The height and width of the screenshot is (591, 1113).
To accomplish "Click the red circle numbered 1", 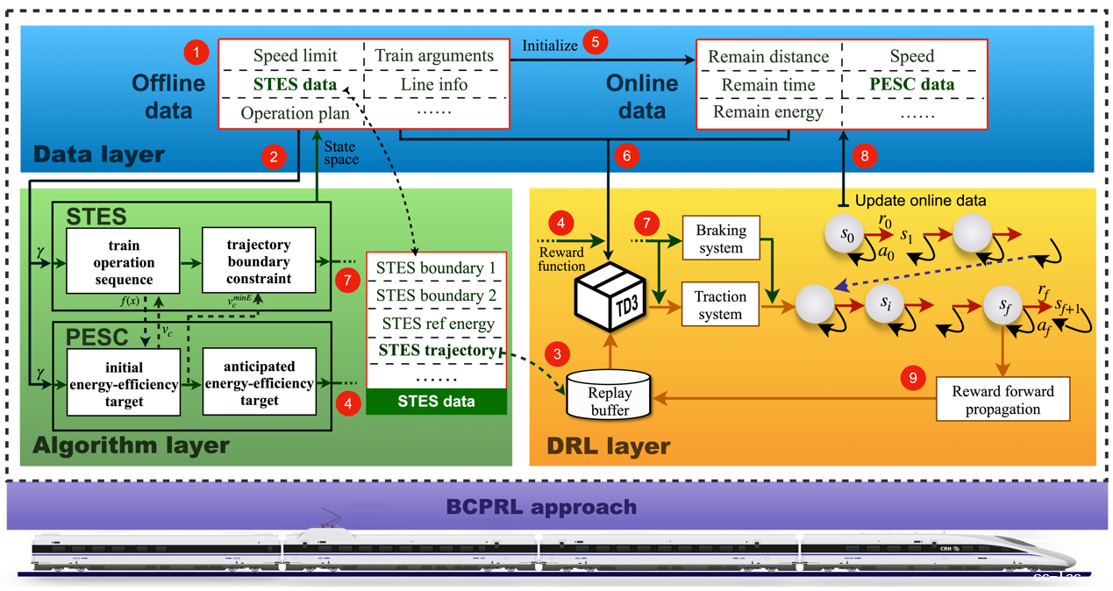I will pyautogui.click(x=196, y=53).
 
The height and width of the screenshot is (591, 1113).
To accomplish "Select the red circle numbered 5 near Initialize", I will pyautogui.click(x=596, y=41).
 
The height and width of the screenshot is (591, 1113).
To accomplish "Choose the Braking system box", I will pyautogui.click(x=721, y=239).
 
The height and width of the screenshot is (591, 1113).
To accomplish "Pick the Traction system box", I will pyautogui.click(x=721, y=305).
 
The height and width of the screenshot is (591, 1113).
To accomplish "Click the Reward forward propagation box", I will pyautogui.click(x=1002, y=399).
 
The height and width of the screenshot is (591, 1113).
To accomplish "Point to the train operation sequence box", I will pyautogui.click(x=123, y=260).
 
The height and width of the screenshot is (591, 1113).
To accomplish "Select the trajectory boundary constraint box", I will pyautogui.click(x=259, y=260).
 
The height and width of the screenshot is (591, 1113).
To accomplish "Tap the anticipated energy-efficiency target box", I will pyautogui.click(x=259, y=383).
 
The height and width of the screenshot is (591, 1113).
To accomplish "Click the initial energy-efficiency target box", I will pyautogui.click(x=123, y=383).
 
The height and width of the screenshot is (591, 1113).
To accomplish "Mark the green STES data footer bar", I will pyautogui.click(x=436, y=402).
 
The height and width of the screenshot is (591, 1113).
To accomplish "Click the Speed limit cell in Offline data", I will pyautogui.click(x=295, y=56).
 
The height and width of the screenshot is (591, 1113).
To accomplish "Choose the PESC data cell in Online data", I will pyautogui.click(x=912, y=85).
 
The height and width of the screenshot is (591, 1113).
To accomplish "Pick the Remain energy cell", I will pyautogui.click(x=768, y=112).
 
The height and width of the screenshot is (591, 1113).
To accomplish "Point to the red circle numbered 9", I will pyautogui.click(x=913, y=378).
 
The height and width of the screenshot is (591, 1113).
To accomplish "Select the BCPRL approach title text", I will pyautogui.click(x=541, y=507).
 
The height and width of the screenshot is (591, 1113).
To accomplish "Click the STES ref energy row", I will pyautogui.click(x=436, y=324).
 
